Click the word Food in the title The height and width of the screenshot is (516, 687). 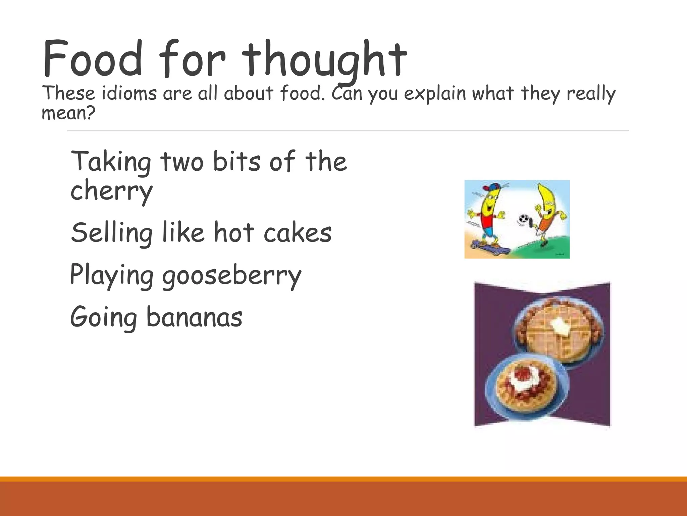[x=93, y=59]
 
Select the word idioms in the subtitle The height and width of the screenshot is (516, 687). [x=129, y=94]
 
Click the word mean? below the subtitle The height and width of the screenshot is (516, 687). [x=68, y=113]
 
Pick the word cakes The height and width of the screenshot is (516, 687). [x=298, y=233]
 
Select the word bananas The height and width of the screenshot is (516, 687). [x=194, y=317]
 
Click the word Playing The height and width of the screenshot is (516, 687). [x=112, y=275]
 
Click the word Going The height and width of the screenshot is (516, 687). [x=104, y=318]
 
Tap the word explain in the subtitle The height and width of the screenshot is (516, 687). [x=435, y=94]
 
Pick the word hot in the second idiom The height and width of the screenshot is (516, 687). [x=234, y=233]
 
